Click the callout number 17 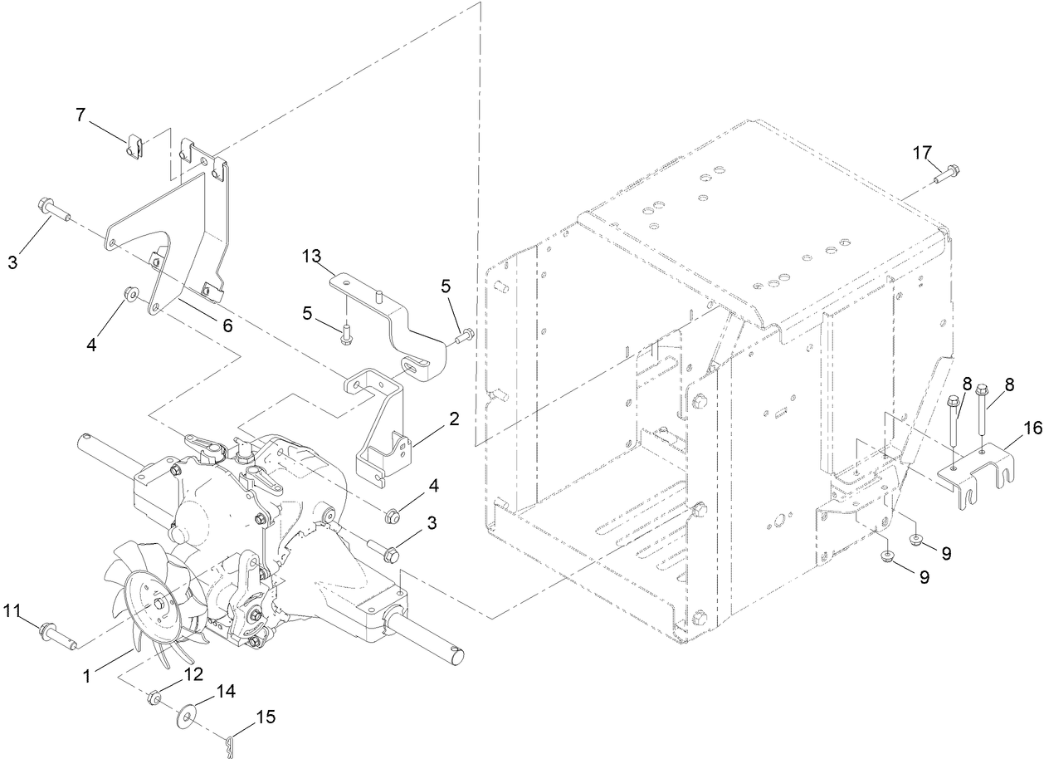[x=922, y=153]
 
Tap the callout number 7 [x=80, y=115]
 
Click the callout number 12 [x=193, y=674]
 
